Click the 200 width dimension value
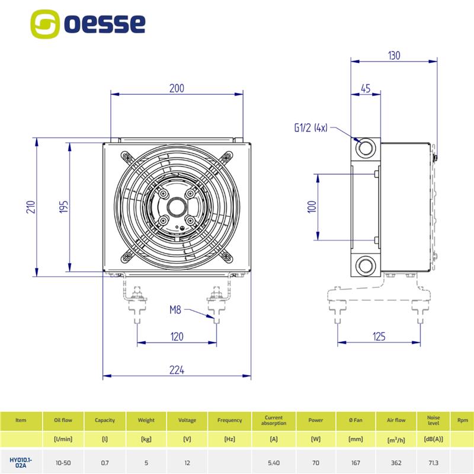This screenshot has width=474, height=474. coord(177,89)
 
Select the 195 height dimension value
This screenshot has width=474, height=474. coord(65,206)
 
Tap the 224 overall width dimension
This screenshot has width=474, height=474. coord(177,370)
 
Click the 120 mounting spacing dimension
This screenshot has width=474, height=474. coord(177,337)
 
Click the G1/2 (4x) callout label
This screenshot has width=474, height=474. coord(311,127)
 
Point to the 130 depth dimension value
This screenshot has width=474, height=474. coord(394,56)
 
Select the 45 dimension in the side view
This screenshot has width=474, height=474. coord(365,89)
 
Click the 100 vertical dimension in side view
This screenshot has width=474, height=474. coord(312,206)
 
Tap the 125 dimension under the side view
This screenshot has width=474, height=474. coord(379,337)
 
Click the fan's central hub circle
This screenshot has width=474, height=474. coord(177,207)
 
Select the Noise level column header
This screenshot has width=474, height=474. coord(433,420)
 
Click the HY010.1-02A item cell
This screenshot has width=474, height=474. coord(21,462)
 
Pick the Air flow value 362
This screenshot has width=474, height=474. coord(396,462)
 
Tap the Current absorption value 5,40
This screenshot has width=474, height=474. coord(274,462)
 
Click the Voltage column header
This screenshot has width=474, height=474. coord(187,420)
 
